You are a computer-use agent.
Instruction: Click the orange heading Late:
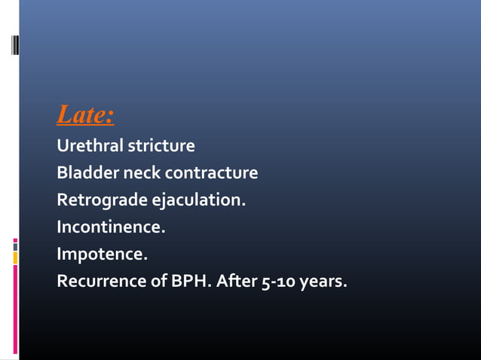point(85,116)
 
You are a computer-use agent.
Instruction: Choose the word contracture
point(211,173)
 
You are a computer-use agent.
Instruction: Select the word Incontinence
point(110,227)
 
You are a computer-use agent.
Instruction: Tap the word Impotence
point(102,255)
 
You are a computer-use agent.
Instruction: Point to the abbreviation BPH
point(191,282)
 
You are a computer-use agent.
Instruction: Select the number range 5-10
point(280,283)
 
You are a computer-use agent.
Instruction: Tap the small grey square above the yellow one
point(15,245)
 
